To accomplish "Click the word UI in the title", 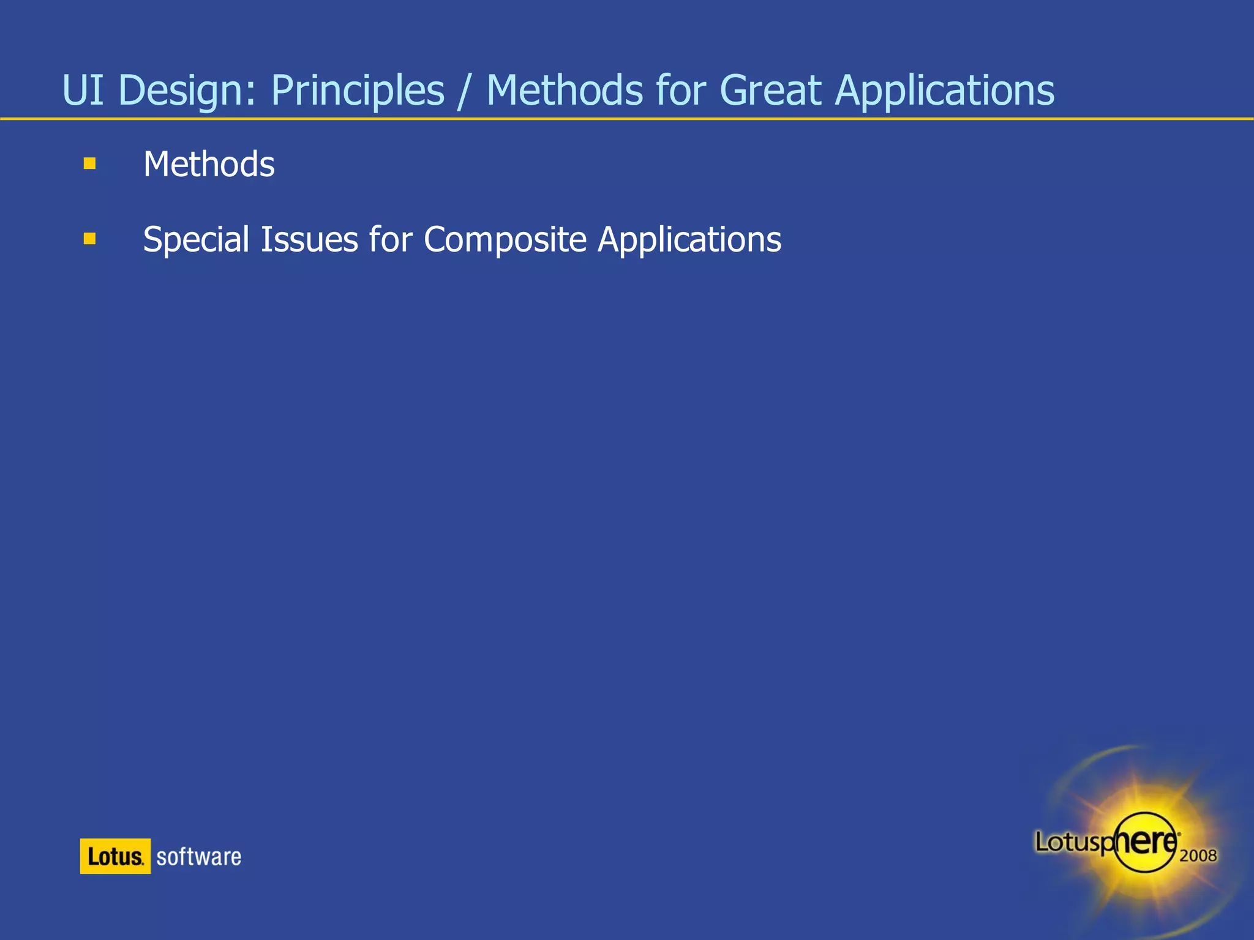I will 83,91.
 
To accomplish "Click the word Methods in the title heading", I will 564,91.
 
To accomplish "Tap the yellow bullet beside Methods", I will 89,163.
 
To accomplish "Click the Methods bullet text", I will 209,165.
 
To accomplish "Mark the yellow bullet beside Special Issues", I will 89,238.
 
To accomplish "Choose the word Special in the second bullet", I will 196,240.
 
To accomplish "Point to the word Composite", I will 505,240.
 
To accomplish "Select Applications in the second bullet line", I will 689,240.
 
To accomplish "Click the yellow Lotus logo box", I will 115,856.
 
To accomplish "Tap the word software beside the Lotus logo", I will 198,856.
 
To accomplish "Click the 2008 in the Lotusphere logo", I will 1198,855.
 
